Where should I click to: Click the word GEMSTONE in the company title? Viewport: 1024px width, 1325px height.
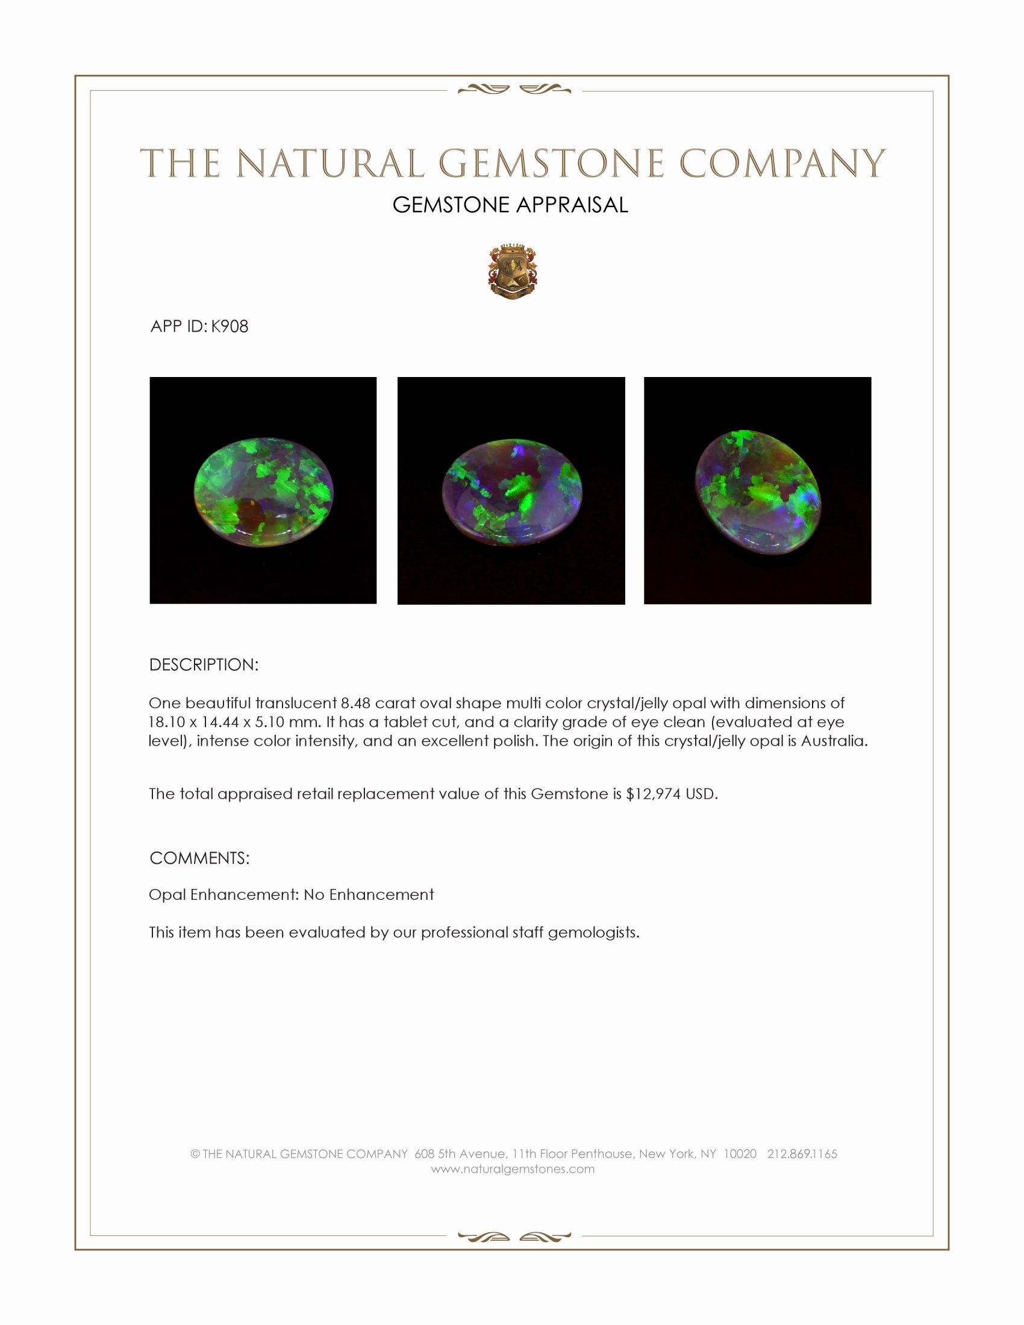pos(551,164)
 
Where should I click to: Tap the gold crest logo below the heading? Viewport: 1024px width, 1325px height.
pos(513,272)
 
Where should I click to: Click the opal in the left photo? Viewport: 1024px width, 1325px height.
pos(263,491)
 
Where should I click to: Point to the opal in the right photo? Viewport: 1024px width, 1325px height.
pos(757,491)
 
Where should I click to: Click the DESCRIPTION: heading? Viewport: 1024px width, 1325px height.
pos(204,665)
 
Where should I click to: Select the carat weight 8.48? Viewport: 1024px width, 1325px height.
pos(355,703)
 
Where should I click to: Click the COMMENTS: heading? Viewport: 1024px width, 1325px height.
pos(199,858)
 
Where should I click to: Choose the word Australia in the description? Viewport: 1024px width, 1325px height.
pos(834,741)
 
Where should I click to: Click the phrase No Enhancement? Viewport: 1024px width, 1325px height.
pos(369,895)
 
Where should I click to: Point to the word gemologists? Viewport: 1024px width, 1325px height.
pos(593,932)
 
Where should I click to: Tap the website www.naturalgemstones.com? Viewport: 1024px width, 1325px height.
pos(513,1169)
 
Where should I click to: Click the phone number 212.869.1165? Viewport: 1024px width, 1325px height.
pos(802,1154)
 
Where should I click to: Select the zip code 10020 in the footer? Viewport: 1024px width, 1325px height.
pos(740,1154)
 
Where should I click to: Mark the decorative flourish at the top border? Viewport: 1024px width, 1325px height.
pos(514,90)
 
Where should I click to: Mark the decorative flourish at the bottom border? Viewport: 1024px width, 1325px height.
pos(514,1236)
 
